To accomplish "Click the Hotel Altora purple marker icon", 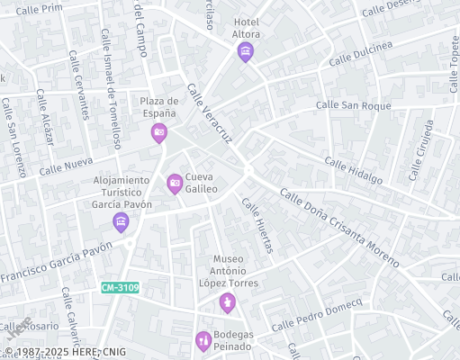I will coord(246,53).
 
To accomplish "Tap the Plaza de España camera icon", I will coord(158,133).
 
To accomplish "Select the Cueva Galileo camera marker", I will coord(175,184).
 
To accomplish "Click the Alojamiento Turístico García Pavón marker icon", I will coord(121,221).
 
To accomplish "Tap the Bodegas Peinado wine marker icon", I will coord(203,341).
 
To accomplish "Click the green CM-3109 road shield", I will coord(120,288).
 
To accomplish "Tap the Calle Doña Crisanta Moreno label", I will coord(338,227).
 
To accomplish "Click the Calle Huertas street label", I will coord(257,224).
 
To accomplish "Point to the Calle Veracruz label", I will coord(210,113).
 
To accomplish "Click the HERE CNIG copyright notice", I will coord(65,352).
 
